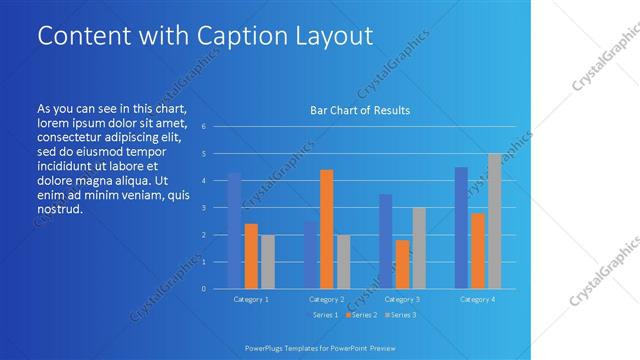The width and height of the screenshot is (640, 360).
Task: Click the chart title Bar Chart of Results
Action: point(360,110)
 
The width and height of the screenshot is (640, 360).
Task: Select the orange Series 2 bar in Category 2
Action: point(326,229)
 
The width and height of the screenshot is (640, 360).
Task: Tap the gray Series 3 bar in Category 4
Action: point(494,221)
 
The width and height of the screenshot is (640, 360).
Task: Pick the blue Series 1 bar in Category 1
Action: point(234,231)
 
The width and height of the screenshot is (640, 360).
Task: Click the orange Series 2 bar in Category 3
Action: point(402,264)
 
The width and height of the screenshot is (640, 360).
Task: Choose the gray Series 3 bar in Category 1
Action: point(267,262)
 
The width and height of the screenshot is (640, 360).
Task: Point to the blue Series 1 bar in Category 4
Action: point(461,228)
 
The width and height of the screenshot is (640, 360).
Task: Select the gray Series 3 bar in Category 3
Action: point(419,248)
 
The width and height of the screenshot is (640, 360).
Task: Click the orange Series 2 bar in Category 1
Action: point(251,256)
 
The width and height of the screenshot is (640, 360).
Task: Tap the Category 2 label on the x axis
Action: point(326,299)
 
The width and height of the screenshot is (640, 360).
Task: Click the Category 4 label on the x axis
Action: point(477,299)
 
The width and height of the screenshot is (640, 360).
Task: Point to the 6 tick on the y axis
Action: point(203,127)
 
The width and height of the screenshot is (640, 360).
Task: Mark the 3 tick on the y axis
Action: point(203,208)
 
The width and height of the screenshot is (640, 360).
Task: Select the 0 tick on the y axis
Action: point(203,289)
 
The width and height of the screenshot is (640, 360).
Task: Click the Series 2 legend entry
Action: point(361,315)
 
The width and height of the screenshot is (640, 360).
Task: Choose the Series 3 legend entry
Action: point(400,315)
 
